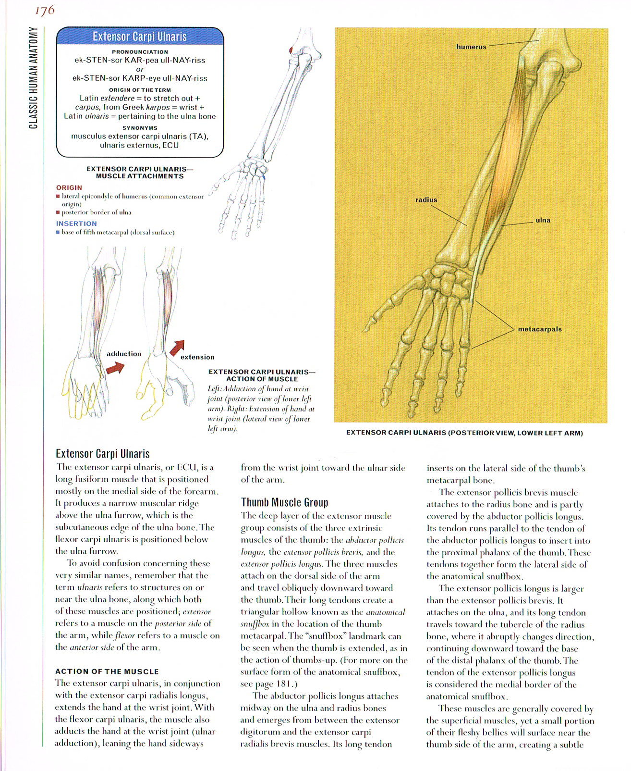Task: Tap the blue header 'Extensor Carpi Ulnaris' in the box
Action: [x=140, y=37]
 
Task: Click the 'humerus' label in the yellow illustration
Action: [x=471, y=47]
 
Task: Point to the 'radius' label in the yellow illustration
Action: [x=426, y=200]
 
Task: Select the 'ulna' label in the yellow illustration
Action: [x=543, y=221]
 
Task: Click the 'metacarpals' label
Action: [x=540, y=329]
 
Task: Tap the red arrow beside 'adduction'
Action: [x=115, y=369]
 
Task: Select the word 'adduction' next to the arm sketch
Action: [x=124, y=354]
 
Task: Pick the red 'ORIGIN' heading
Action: [x=69, y=187]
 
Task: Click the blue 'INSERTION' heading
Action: [x=76, y=224]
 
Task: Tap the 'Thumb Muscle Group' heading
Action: [x=284, y=503]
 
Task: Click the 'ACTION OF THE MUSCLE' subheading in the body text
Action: [x=107, y=672]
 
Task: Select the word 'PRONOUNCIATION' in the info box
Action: [x=140, y=52]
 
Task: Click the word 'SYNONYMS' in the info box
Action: [x=140, y=128]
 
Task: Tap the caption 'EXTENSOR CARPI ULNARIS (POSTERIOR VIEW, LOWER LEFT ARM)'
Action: [x=464, y=433]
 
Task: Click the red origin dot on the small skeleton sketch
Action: [x=291, y=50]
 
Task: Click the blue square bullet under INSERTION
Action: [x=58, y=232]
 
